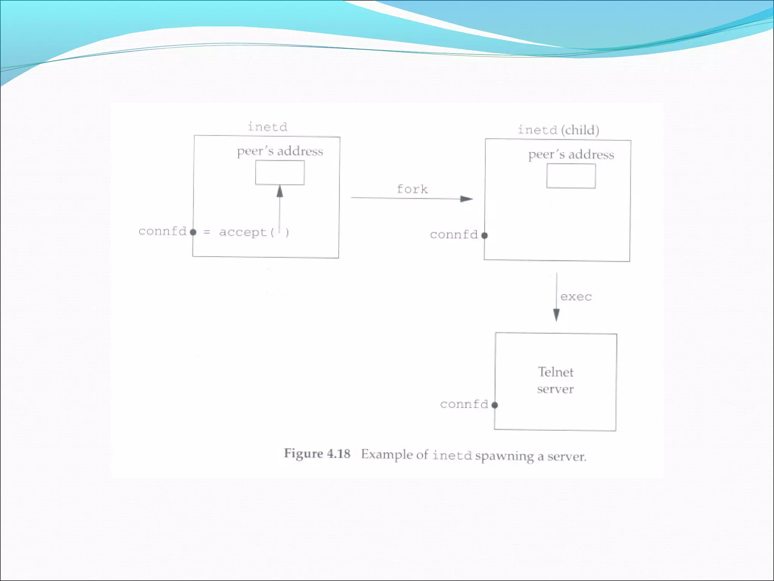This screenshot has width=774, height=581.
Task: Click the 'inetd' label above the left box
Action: coord(267,127)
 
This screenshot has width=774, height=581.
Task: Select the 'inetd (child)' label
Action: coord(558,130)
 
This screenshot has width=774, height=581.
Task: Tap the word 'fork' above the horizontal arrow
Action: coord(412,189)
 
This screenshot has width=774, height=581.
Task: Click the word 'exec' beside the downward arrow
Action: coord(576,297)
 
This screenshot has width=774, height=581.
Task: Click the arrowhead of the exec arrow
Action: coord(556,315)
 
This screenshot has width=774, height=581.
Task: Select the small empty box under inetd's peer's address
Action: coord(280,173)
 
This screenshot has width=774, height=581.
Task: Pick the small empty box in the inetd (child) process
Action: coord(571,176)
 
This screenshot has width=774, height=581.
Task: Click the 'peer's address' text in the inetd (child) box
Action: coord(571,155)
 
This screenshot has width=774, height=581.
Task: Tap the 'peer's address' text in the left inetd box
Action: coord(280,151)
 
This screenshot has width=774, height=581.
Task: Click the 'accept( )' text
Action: coord(254,232)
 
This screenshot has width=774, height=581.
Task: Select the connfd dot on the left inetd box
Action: coord(193,232)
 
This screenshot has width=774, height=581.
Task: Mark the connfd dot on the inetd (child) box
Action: coord(485,235)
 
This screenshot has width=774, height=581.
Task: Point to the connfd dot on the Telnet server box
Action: coord(494,405)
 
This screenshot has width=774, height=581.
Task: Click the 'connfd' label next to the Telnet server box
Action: coord(464,404)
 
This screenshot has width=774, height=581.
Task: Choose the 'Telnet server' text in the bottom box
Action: coord(556,381)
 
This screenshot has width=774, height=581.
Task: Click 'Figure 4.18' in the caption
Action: coord(317,453)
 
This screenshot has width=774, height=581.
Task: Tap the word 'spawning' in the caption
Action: coord(505,456)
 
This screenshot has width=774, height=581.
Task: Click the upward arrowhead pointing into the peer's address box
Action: coord(280,191)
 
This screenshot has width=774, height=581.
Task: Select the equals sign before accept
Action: coord(207,232)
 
